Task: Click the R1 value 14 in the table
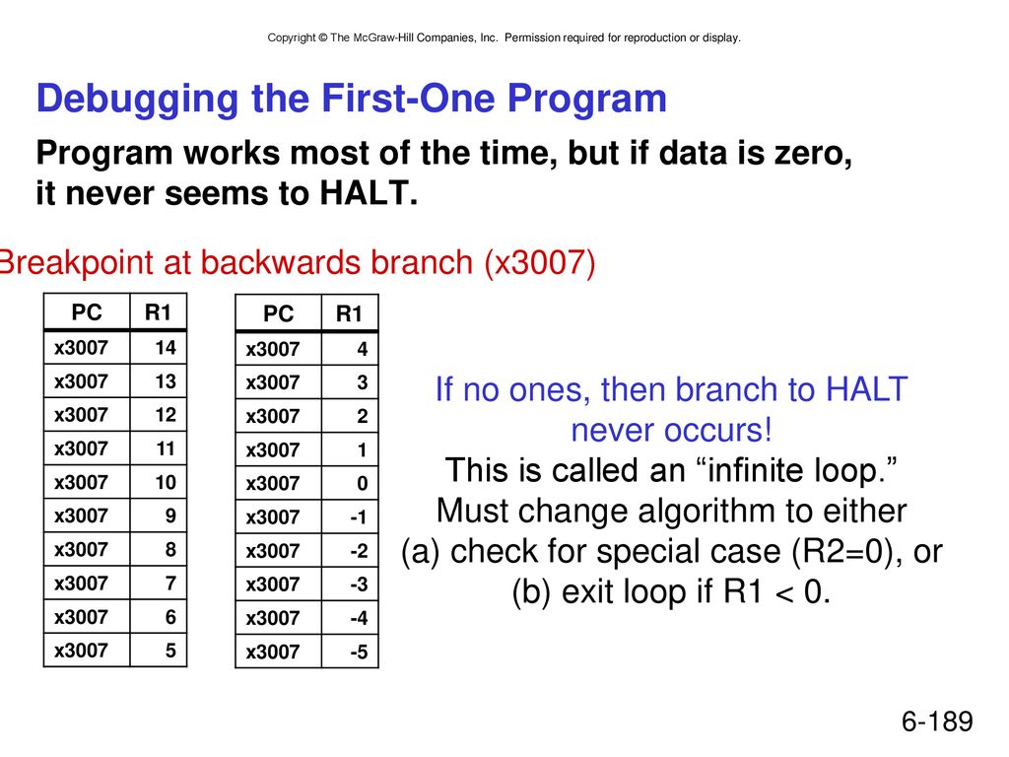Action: tap(166, 348)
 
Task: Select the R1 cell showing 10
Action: tap(166, 482)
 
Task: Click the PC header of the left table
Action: tap(87, 312)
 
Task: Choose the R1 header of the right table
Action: tap(350, 313)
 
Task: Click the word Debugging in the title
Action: tap(138, 100)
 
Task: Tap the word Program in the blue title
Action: tap(587, 99)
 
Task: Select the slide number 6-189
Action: tap(938, 721)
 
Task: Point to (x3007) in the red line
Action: tap(540, 262)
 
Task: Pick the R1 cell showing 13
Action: tap(166, 381)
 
